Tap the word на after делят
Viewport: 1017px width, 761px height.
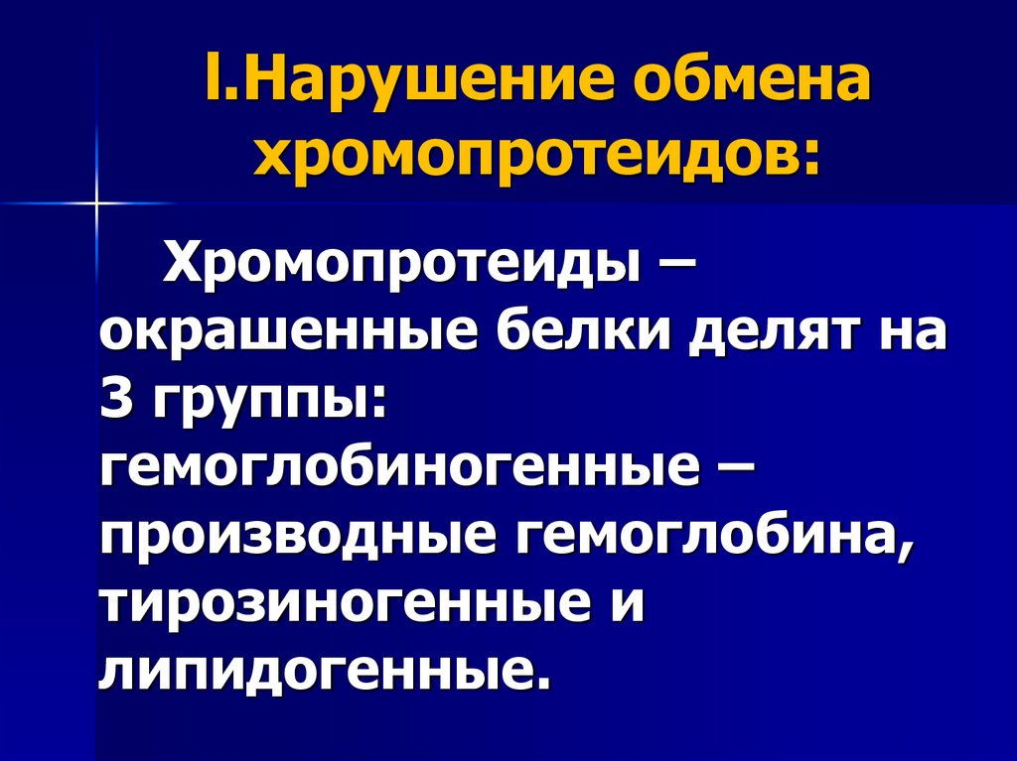coord(915,334)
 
